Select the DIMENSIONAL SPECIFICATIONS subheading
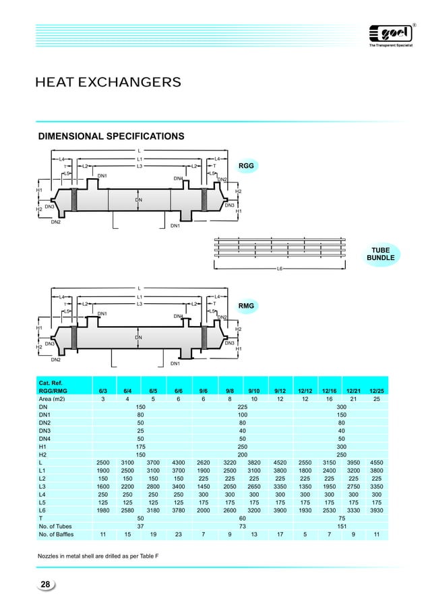coord(111,136)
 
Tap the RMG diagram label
coord(246,306)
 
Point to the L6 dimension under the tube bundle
coord(280,269)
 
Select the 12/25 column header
coord(376,390)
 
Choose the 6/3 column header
coord(102,390)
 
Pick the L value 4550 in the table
coord(376,462)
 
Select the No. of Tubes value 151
coord(341,525)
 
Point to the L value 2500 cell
coord(102,462)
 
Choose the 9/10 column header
coord(254,390)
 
